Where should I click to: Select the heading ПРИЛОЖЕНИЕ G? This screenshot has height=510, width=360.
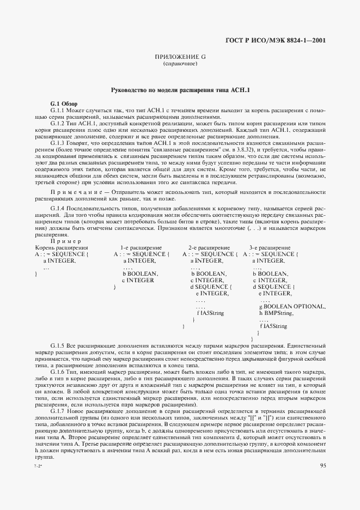point(180,57)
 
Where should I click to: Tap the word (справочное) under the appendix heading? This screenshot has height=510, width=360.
point(180,64)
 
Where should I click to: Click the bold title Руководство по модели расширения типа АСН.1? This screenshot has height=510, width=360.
point(180,90)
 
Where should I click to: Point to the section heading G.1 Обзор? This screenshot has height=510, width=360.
point(64,104)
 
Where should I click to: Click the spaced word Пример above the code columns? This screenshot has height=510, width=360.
point(65,242)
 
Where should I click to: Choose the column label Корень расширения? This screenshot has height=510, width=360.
point(61,248)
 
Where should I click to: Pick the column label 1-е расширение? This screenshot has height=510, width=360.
point(141,248)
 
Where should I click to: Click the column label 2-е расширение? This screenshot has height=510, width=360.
point(209,248)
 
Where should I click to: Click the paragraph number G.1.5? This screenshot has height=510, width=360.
point(59,347)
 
